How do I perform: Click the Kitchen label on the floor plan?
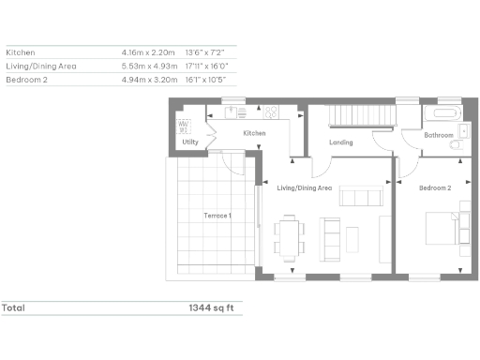click(x=254, y=134)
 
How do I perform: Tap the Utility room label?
click(x=190, y=142)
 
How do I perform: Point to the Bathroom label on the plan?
click(x=438, y=136)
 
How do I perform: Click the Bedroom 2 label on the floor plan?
click(x=435, y=188)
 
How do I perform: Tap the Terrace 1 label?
click(x=217, y=217)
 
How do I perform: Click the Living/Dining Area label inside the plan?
click(x=305, y=188)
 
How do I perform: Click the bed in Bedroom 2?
click(x=447, y=229)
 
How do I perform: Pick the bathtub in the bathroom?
click(x=442, y=115)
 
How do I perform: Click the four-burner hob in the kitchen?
click(x=272, y=112)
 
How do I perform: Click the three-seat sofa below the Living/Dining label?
click(x=361, y=197)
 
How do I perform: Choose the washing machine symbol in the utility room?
click(x=185, y=125)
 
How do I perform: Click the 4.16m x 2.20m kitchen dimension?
click(x=149, y=52)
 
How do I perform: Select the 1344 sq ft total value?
click(x=211, y=307)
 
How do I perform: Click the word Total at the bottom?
click(x=13, y=307)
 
